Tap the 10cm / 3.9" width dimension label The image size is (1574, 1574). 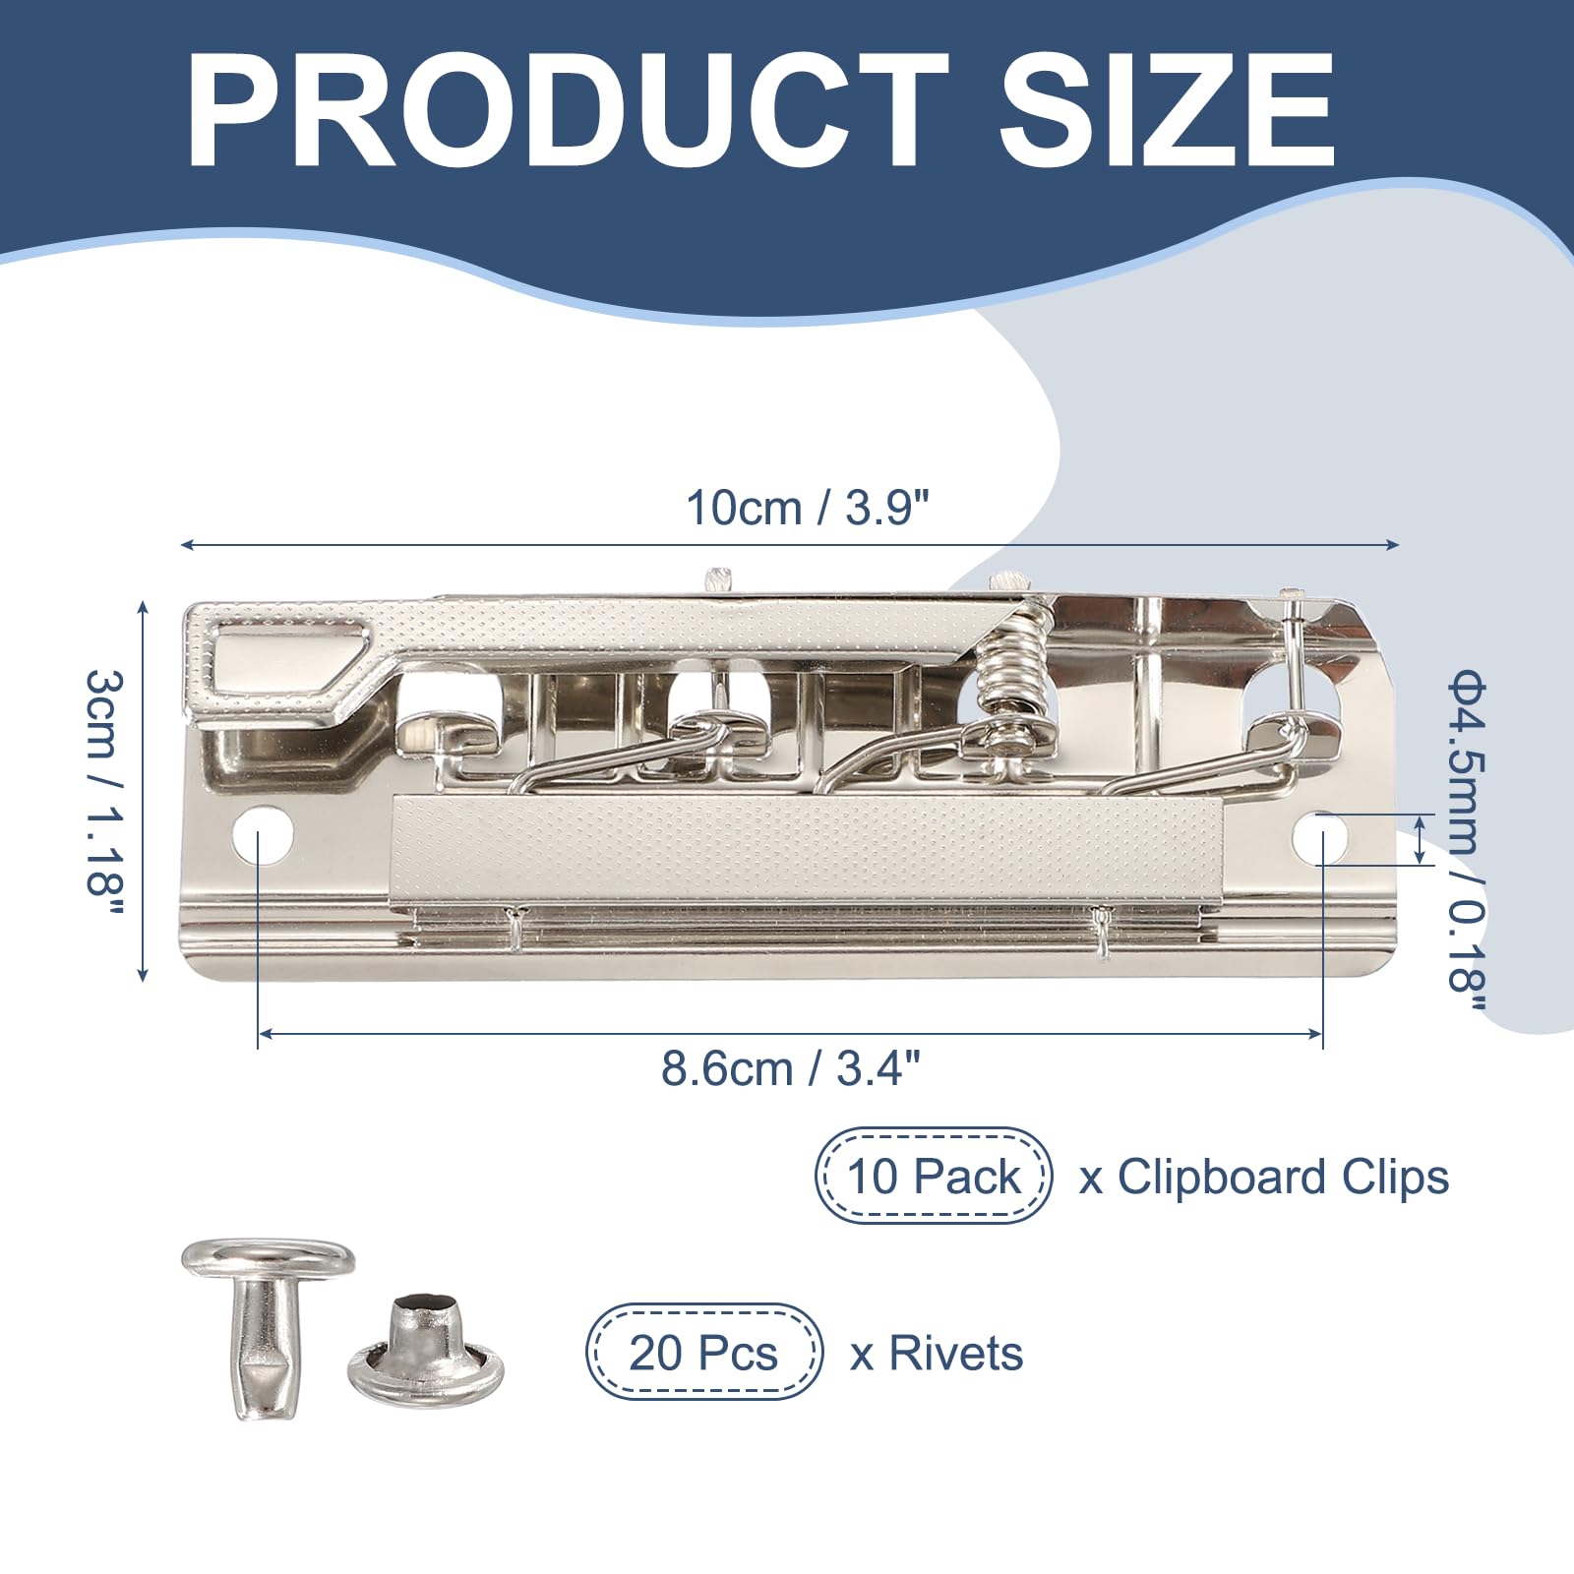(808, 509)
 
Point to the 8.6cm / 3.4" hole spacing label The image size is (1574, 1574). (792, 1068)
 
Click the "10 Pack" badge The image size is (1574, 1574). (934, 1176)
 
